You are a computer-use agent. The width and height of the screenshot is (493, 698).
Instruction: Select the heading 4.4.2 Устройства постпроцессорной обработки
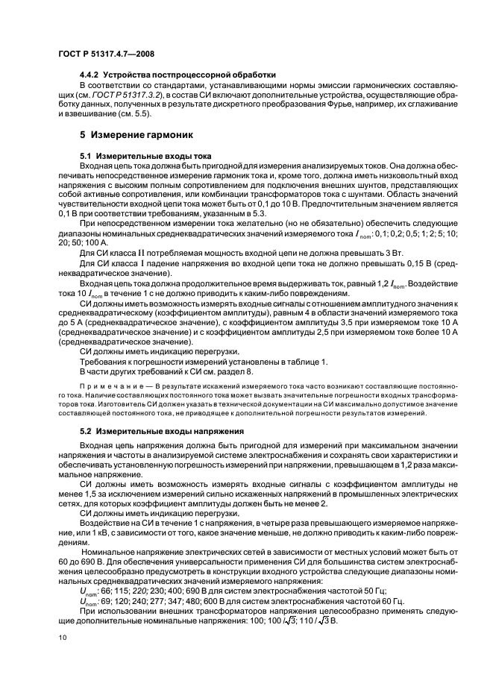[178, 75]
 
